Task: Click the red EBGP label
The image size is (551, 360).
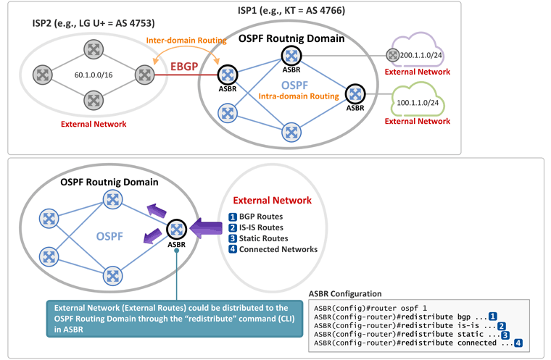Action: [x=184, y=66]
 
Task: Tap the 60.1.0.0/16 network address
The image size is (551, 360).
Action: [x=94, y=75]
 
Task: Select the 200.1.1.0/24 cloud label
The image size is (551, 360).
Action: [x=421, y=55]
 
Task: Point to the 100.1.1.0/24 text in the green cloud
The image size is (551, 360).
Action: [x=418, y=103]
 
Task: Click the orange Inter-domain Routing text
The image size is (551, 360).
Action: [x=186, y=41]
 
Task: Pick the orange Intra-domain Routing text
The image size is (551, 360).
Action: [x=299, y=96]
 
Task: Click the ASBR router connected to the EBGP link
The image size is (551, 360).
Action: [x=228, y=75]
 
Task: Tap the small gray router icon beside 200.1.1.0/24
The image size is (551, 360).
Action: [x=392, y=55]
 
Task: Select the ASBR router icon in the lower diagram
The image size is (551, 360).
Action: [x=176, y=230]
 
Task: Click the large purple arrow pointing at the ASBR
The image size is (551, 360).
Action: [x=206, y=228]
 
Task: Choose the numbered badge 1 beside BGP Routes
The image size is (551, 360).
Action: [x=233, y=217]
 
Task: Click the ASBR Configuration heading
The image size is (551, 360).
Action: [x=345, y=293]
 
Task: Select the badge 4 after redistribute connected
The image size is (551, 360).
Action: [x=518, y=343]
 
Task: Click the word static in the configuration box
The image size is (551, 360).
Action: [x=471, y=335]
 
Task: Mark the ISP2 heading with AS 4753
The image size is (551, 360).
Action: [x=94, y=23]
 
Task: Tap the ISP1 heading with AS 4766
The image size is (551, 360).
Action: [x=291, y=10]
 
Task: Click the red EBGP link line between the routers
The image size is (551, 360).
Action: [x=186, y=75]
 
